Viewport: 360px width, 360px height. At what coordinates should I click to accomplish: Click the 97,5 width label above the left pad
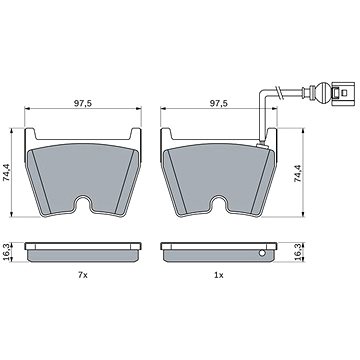(83, 103)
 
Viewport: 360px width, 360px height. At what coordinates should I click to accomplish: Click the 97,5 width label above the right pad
(219, 103)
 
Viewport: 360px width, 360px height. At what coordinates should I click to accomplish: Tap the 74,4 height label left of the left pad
(6, 173)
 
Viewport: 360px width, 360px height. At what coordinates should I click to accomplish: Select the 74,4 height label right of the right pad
(298, 173)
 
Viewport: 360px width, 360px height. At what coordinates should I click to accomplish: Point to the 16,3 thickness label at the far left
(6, 252)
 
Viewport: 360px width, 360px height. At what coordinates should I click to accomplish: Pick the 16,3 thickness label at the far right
(298, 252)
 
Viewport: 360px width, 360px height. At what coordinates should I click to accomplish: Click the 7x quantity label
(83, 275)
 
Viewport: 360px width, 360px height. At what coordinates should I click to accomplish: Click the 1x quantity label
(219, 275)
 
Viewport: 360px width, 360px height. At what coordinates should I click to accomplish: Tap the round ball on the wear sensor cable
(322, 92)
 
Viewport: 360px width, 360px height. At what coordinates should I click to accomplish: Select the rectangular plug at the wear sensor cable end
(341, 92)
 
